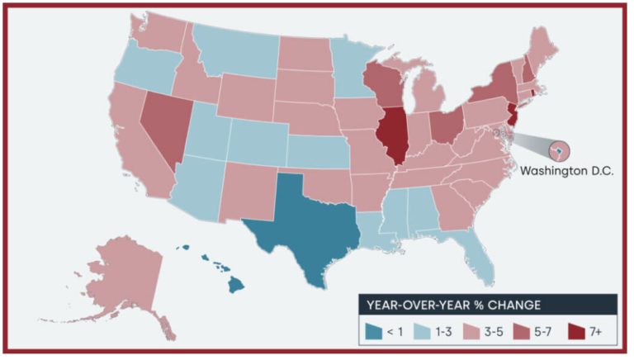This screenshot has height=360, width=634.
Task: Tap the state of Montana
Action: [x=235, y=54]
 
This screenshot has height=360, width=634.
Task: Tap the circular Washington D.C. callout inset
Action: [x=558, y=151]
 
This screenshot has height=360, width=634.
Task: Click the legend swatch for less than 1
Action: [x=374, y=331]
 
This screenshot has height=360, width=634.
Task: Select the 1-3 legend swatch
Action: [x=421, y=331]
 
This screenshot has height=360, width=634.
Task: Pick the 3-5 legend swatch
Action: [x=469, y=331]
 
